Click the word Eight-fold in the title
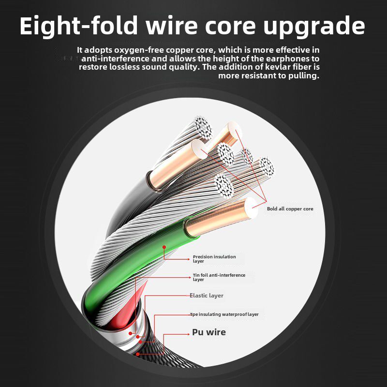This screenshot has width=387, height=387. click(x=79, y=25)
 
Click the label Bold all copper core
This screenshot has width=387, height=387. click(x=290, y=209)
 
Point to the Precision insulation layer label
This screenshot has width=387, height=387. click(x=214, y=259)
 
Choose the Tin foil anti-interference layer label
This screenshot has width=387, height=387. click(x=219, y=277)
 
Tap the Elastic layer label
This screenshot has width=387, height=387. click(x=207, y=296)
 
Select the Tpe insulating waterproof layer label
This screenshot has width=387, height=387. click(x=224, y=314)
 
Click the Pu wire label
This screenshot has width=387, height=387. click(x=209, y=332)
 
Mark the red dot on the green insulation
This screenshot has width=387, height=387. click(x=164, y=247)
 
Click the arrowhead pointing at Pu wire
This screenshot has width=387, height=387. click(x=188, y=334)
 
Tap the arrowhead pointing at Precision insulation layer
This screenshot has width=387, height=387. click(x=188, y=259)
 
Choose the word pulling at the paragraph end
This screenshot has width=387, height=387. click(x=304, y=76)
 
